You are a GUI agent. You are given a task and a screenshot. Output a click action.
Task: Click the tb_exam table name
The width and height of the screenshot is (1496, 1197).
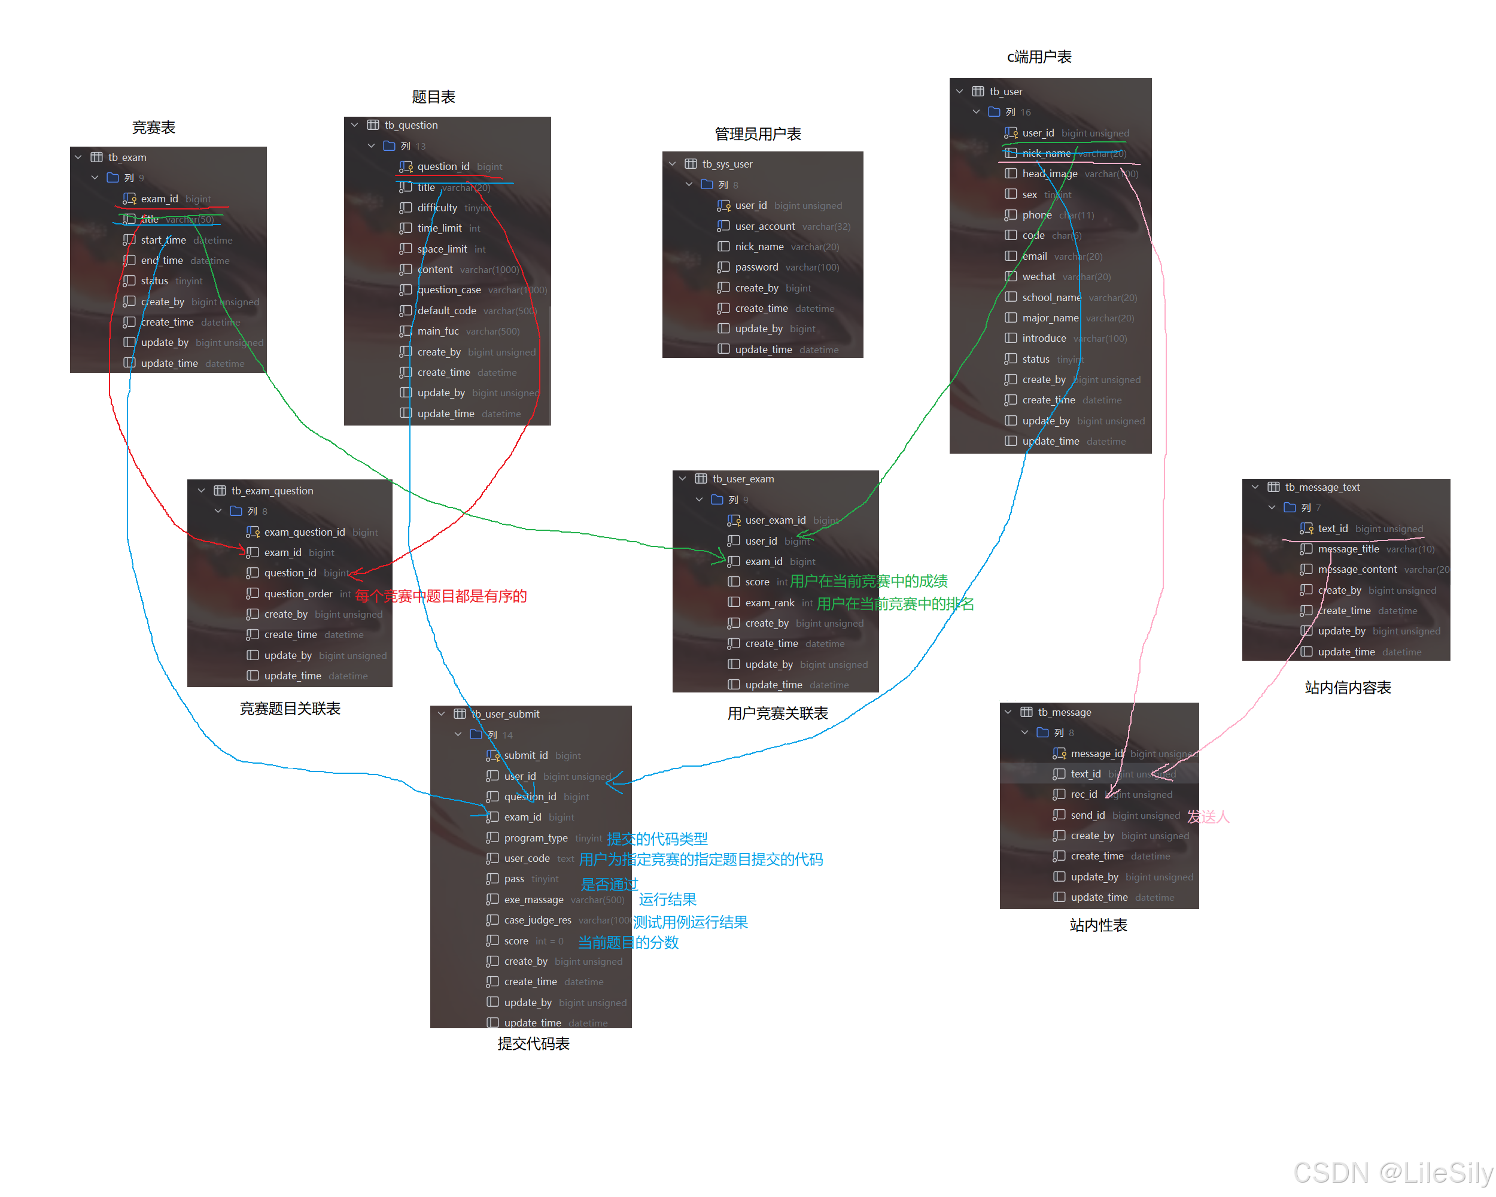click(x=127, y=157)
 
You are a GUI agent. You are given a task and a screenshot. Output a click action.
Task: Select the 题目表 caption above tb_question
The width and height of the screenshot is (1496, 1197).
click(x=433, y=97)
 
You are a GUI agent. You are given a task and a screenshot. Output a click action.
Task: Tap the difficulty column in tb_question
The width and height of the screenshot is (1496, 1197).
click(x=437, y=208)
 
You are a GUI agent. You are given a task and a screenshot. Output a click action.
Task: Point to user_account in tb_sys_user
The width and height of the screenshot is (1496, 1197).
click(x=765, y=226)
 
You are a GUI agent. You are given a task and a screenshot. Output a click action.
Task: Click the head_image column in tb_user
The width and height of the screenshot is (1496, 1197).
click(x=1049, y=174)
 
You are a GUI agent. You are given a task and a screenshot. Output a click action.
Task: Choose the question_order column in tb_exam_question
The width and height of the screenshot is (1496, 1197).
click(x=299, y=593)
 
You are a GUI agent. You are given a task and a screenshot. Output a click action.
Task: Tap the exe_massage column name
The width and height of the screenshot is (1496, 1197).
click(x=534, y=900)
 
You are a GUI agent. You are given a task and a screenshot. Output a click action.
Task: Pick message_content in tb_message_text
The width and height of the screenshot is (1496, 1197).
click(x=1357, y=569)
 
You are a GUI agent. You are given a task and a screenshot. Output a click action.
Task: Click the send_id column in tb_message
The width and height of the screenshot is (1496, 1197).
click(x=1087, y=815)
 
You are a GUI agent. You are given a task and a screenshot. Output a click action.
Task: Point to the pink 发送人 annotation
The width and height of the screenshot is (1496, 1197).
click(x=1208, y=817)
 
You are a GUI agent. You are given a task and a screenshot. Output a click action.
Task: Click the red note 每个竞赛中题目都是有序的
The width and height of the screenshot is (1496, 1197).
click(x=440, y=596)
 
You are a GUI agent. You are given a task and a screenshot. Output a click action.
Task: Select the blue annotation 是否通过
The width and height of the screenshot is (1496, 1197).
click(x=609, y=884)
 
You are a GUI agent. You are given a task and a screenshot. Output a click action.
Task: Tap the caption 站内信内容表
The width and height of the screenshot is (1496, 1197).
click(x=1348, y=688)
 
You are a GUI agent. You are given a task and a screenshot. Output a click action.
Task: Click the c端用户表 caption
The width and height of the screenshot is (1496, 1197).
click(x=1039, y=57)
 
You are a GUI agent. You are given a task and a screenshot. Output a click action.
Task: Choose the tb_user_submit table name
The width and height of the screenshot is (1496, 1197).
click(x=505, y=714)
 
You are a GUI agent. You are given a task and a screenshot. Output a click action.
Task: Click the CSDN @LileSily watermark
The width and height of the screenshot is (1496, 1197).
click(x=1392, y=1172)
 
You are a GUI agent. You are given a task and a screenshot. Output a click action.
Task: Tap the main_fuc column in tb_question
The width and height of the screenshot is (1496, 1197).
click(x=438, y=331)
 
